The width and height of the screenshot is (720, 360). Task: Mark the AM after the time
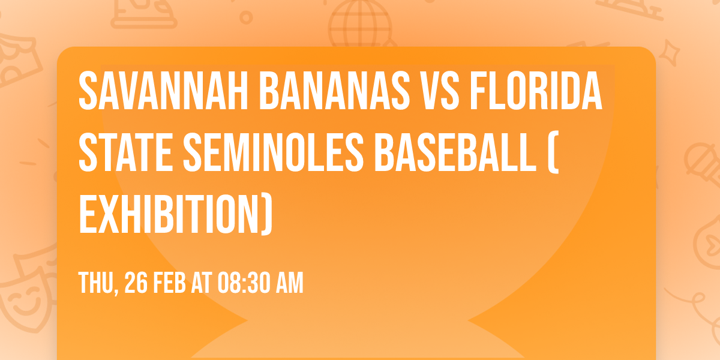click(x=289, y=283)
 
